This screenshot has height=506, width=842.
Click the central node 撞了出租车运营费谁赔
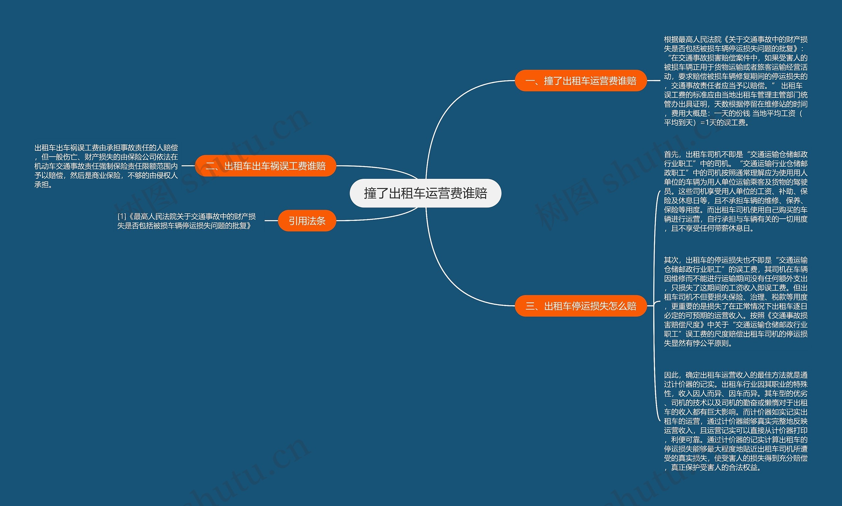click(x=425, y=193)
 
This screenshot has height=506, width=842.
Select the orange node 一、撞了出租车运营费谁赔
click(x=581, y=81)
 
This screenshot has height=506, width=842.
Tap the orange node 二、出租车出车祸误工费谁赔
click(x=265, y=166)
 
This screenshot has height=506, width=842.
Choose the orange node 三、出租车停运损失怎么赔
click(x=581, y=306)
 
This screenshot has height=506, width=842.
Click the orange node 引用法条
click(x=307, y=221)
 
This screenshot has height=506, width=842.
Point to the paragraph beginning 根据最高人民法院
click(x=735, y=81)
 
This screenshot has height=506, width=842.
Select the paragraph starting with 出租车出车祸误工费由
click(x=106, y=166)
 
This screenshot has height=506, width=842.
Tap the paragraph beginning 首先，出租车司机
click(x=735, y=191)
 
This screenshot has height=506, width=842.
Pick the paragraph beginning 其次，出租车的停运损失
click(x=735, y=302)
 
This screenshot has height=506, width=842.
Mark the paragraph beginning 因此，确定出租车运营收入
click(x=735, y=421)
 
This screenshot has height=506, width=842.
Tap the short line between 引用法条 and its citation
click(x=271, y=221)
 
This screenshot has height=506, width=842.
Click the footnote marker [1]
click(x=122, y=217)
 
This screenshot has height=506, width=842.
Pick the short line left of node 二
click(x=188, y=166)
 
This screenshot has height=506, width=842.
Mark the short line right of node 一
click(x=653, y=81)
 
